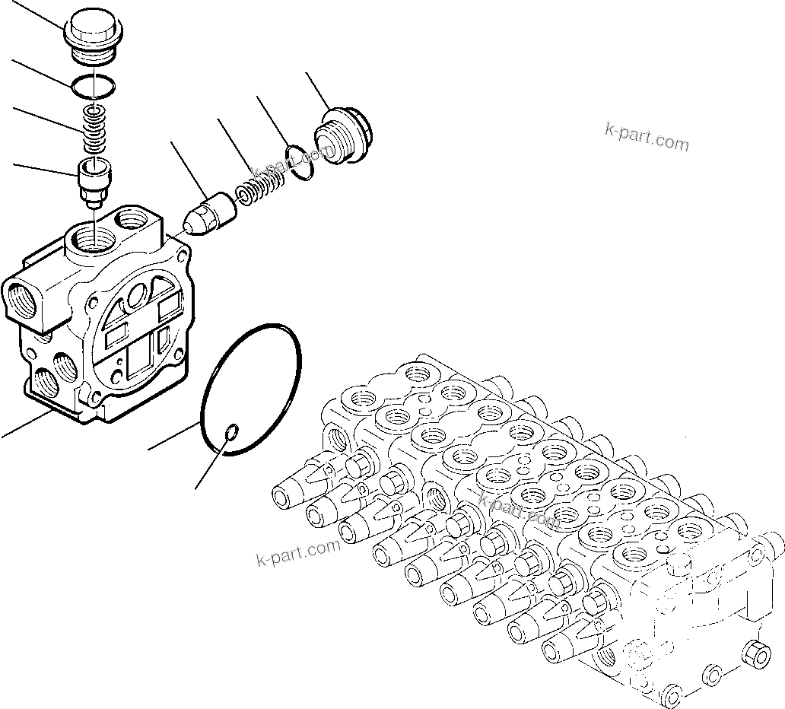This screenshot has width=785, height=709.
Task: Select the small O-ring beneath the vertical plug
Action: [92, 90]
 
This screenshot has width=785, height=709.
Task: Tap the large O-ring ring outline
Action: [252, 389]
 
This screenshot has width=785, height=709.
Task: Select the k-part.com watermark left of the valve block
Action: [297, 553]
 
